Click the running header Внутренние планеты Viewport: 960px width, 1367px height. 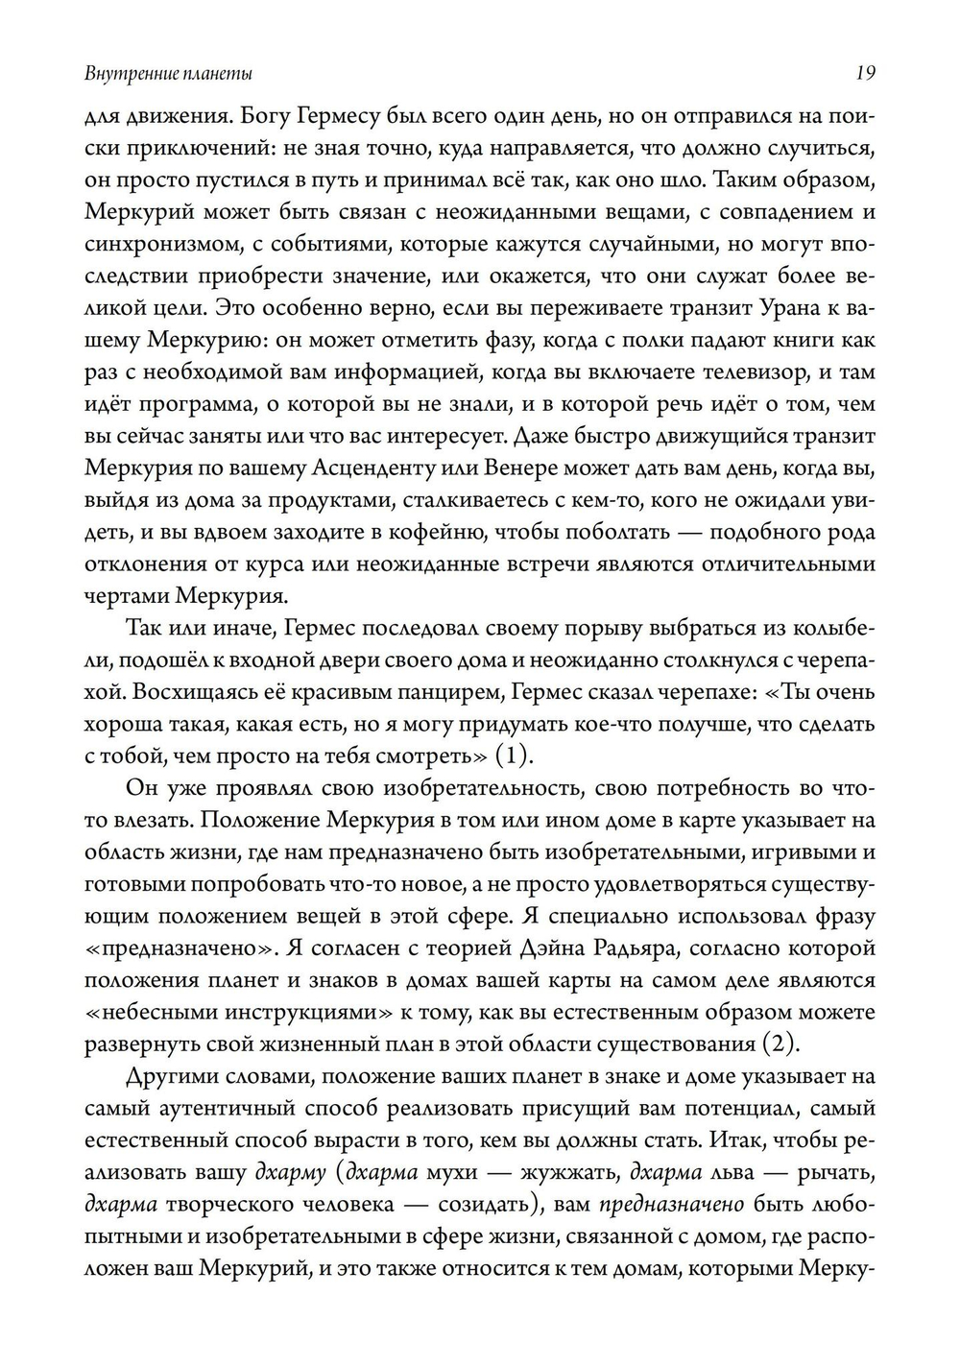(169, 74)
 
